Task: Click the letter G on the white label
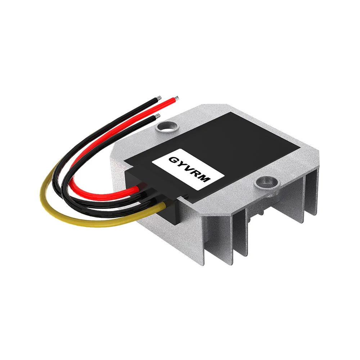tap(172, 159)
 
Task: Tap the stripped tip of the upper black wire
tap(158, 98)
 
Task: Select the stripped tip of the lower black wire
tap(157, 116)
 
